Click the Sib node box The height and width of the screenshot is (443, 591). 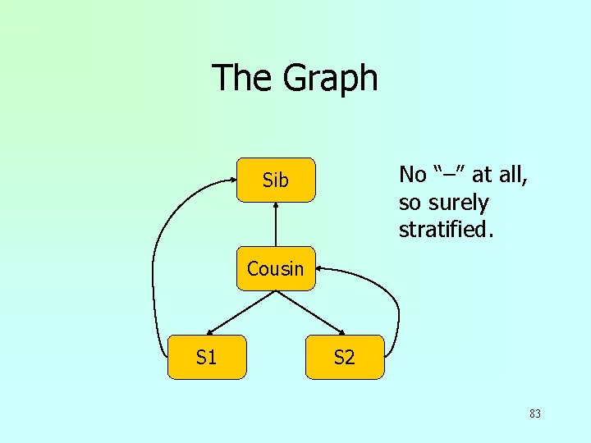coord(276,180)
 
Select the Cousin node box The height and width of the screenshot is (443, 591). coord(276,268)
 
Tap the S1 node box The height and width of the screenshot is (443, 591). coord(207,357)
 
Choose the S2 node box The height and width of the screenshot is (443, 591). coord(345,357)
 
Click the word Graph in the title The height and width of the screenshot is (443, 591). coord(331,78)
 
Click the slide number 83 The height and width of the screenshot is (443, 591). coord(534,413)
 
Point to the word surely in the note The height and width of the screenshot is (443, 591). coord(457,203)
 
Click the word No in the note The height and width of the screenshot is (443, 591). coord(413,175)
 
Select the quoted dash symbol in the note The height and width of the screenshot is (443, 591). coord(448,173)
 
